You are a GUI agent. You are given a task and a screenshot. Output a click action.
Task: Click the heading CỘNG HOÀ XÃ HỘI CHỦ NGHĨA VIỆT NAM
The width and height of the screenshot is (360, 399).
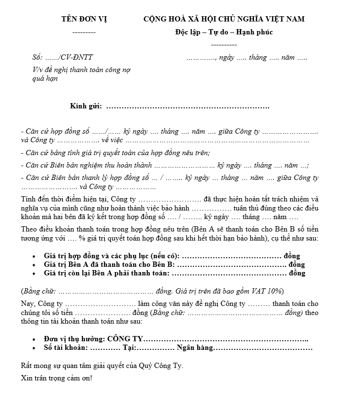click(224, 19)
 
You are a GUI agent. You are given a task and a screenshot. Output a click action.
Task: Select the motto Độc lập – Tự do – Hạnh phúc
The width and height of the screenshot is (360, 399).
click(224, 32)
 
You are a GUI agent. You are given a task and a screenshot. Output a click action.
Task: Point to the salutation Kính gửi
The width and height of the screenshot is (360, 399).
click(86, 106)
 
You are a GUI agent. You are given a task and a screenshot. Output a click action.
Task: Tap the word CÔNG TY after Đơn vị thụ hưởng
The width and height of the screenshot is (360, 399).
click(125, 338)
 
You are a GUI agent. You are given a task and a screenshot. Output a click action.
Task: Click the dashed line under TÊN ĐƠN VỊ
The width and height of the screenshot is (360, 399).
click(84, 32)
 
